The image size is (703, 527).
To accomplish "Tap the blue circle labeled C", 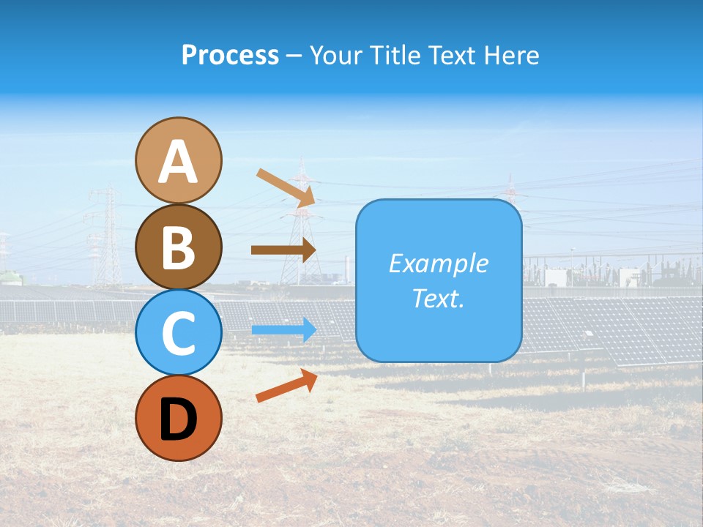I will coord(179,332).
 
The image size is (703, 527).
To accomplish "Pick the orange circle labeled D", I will coord(179,418).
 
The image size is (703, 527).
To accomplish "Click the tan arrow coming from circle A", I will coord(286,187).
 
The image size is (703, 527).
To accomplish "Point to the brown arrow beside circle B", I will coord(283,250).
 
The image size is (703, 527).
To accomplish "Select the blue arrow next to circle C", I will coord(283,329).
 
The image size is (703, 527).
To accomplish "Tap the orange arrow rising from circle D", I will coord(286,386).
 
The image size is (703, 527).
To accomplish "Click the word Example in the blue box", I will coord(439,263).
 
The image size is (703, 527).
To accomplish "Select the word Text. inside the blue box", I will coord(439,299).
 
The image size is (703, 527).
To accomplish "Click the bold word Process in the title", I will coord(230,55).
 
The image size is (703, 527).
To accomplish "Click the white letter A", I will coord(179,162).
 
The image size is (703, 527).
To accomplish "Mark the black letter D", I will coord(179,419).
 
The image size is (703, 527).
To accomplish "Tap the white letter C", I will coord(179,333).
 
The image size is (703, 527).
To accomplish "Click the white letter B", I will coord(179,247).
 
